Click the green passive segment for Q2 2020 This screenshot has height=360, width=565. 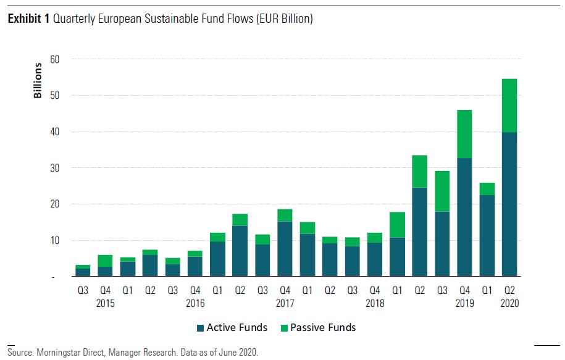[x=509, y=106]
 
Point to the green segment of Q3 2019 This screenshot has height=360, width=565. [x=442, y=191]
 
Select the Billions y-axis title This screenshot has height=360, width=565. [x=38, y=81]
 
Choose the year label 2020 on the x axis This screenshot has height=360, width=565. [x=509, y=303]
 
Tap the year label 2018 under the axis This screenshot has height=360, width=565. [x=375, y=303]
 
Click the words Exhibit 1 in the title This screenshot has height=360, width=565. [x=28, y=19]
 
